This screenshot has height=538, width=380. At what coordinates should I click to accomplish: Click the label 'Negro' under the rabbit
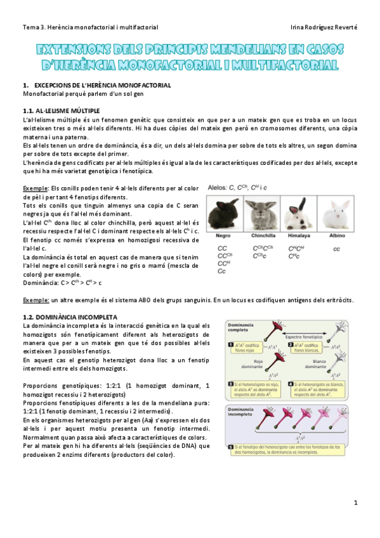click(x=223, y=235)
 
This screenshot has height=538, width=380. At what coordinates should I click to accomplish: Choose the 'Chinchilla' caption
click(x=259, y=235)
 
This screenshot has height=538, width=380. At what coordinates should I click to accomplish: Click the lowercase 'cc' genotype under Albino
click(x=336, y=249)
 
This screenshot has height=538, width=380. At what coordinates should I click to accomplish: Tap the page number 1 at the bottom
click(x=356, y=502)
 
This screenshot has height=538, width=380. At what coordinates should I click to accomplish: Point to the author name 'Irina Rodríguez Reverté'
click(x=323, y=27)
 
